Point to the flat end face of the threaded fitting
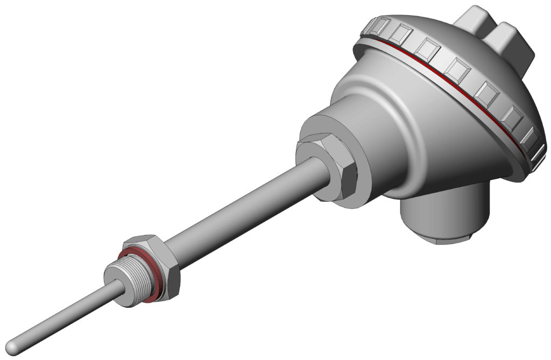click(115, 274)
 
